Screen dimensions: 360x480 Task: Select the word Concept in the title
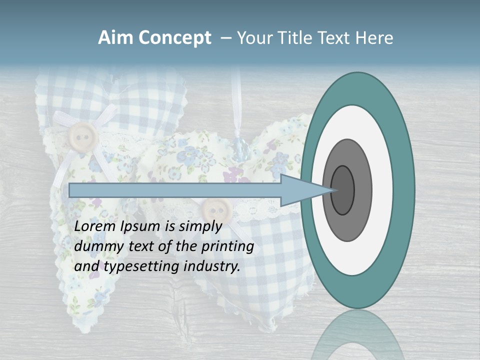coord(174,38)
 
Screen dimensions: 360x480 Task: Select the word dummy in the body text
coord(93,246)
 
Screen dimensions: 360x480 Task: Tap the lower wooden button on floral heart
coord(215,207)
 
